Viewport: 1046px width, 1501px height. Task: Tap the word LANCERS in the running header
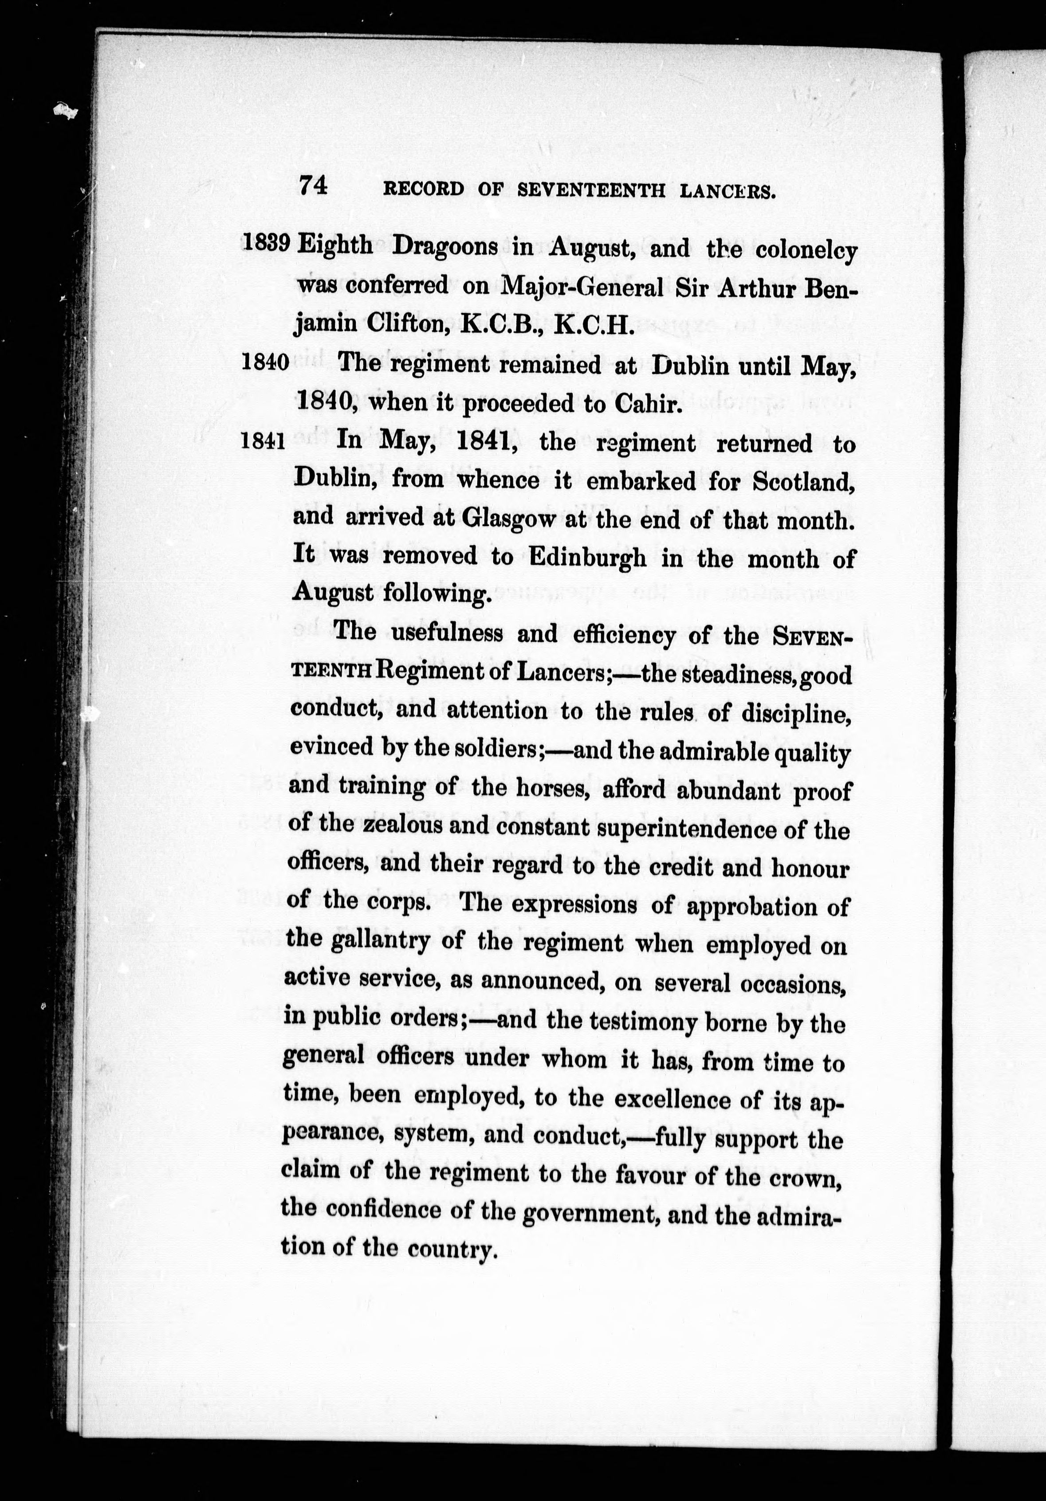[727, 192]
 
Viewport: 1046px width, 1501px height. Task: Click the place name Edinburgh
[587, 558]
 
